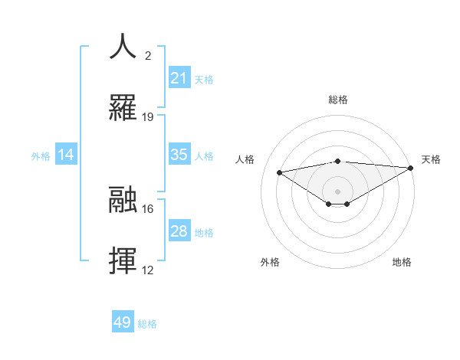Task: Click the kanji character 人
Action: click(123, 46)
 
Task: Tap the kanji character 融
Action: click(123, 200)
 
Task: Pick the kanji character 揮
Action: click(123, 261)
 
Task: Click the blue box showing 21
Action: click(179, 78)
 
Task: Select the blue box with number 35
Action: click(179, 155)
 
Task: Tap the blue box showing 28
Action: click(179, 231)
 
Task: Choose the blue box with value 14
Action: click(66, 155)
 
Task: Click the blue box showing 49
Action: click(123, 322)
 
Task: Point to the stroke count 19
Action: click(148, 117)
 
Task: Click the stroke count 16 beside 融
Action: click(148, 208)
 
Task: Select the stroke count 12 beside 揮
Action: click(148, 270)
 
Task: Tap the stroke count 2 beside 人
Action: click(148, 55)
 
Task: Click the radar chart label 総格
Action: click(338, 100)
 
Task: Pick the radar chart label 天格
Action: click(431, 159)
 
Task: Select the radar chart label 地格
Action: click(402, 262)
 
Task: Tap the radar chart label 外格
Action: click(270, 262)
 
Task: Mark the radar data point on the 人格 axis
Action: click(280, 172)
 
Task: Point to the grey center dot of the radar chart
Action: click(338, 191)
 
